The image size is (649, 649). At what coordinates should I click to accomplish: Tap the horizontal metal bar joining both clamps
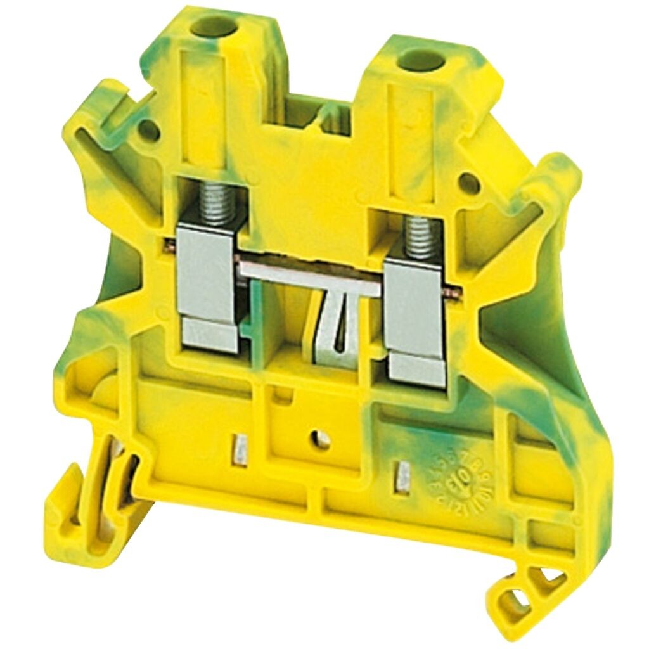(311, 277)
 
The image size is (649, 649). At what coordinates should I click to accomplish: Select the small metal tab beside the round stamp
(401, 477)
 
